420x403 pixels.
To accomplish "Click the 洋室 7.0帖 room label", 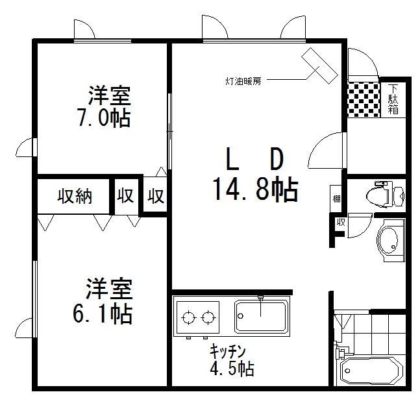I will click(x=109, y=106).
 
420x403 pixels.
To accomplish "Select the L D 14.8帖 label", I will click(x=255, y=175).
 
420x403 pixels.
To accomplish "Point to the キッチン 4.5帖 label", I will click(x=231, y=361).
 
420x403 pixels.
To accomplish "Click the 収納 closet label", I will click(x=75, y=195).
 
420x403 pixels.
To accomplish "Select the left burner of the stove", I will click(x=189, y=318).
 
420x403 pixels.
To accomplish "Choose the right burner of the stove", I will click(x=208, y=318).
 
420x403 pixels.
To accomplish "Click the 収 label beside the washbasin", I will click(x=340, y=223).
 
